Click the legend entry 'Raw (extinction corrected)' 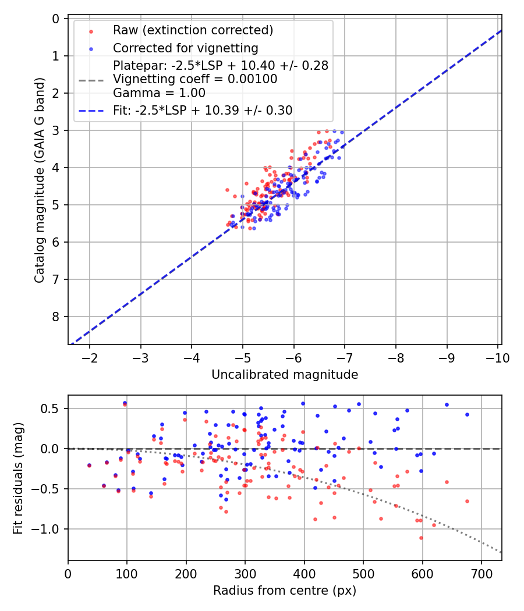[193, 30]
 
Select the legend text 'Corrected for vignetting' [185, 48]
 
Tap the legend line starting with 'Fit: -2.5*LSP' [202, 110]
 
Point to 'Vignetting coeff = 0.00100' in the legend [194, 79]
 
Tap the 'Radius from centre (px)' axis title [284, 591]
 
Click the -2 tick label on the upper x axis [90, 358]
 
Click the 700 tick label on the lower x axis [481, 574]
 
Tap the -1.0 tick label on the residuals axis [48, 529]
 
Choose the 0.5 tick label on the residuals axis [51, 408]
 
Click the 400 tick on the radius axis [304, 574]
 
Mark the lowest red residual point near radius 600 [421, 538]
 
